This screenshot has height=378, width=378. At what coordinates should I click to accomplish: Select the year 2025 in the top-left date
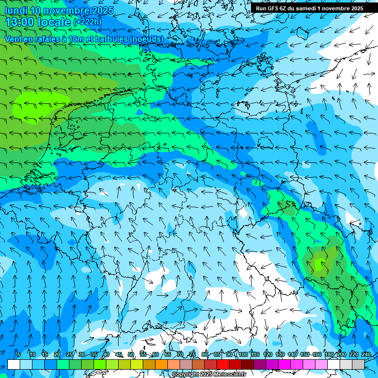[102, 10]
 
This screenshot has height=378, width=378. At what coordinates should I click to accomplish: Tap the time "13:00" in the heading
[22, 22]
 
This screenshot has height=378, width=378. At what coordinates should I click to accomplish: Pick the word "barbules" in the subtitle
[108, 39]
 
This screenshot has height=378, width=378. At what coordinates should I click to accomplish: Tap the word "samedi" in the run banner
[305, 8]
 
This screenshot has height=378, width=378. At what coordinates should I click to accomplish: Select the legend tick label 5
[18, 354]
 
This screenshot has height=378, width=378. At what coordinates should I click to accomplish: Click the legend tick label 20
[57, 354]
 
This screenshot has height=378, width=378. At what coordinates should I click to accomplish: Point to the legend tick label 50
[131, 354]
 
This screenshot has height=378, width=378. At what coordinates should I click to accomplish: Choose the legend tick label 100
[243, 354]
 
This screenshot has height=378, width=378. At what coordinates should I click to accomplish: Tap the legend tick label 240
[366, 354]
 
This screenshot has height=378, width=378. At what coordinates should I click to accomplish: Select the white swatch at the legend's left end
[14, 364]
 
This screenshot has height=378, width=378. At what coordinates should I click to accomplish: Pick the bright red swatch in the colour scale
[223, 364]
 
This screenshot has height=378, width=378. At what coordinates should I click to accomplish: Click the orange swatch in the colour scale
[161, 364]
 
